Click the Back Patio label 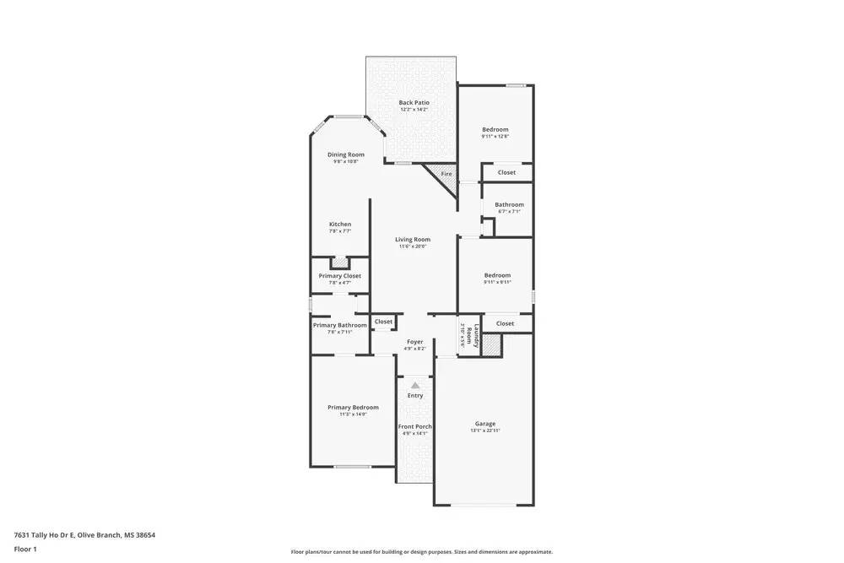tap(414, 102)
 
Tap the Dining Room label tap(346, 154)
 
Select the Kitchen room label tap(340, 225)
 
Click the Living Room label tap(413, 240)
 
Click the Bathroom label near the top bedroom tap(509, 204)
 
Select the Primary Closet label tap(340, 276)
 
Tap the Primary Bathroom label tap(340, 325)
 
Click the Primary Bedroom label tap(353, 408)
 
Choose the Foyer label tap(414, 342)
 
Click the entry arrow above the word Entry tap(414, 385)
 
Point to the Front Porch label tap(414, 426)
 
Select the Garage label tap(485, 424)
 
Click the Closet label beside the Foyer tap(383, 322)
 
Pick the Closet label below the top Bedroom tap(506, 172)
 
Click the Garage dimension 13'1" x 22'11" tap(485, 431)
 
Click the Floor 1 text tap(25, 549)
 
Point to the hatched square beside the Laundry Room tap(491, 344)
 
